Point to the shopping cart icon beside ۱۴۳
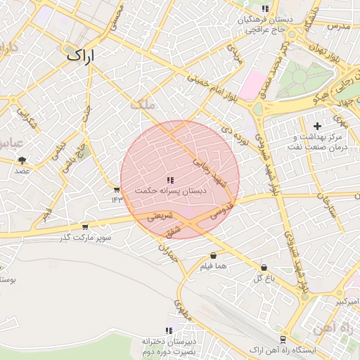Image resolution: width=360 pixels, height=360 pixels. pos(117,190)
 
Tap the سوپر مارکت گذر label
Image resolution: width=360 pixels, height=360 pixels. pos(86,238)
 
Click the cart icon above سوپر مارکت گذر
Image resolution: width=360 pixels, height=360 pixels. pos(85,227)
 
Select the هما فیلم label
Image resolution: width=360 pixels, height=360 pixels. pos(212,266)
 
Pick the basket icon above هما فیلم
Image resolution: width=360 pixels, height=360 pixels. pos(212,256)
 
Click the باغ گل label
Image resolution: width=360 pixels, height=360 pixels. pos(263,278)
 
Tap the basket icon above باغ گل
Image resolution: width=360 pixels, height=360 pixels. pos(264,268)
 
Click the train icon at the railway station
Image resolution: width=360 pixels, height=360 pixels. pos(283,339)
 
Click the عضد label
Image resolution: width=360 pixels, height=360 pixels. pos(22,170)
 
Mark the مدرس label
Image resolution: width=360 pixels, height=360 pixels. pos(338,26)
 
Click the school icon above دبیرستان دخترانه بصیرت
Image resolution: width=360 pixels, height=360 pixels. pos(169,330)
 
